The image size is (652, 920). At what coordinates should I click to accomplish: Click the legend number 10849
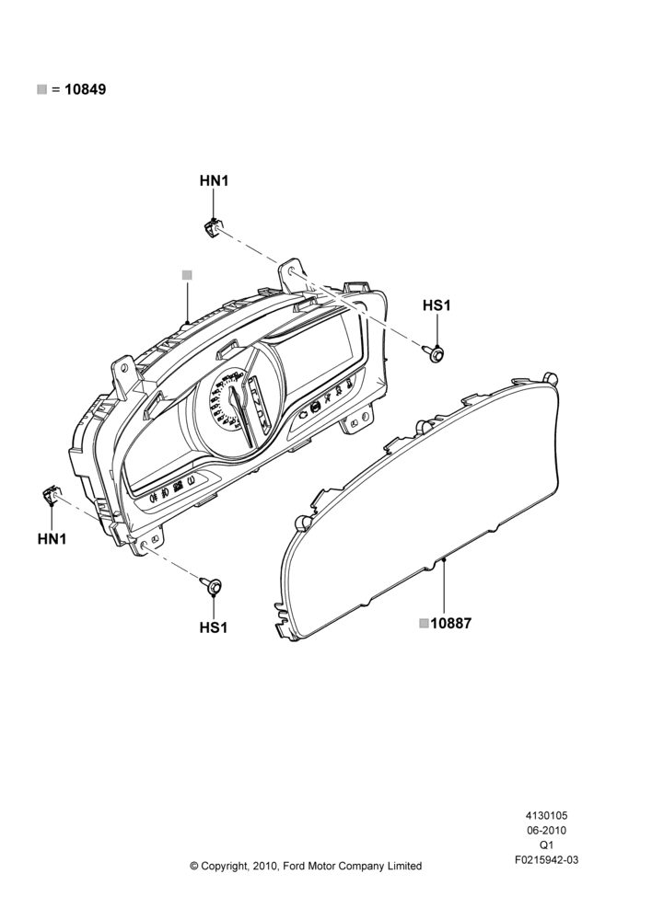pyautogui.click(x=85, y=90)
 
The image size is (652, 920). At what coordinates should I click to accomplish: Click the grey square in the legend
pyautogui.click(x=41, y=89)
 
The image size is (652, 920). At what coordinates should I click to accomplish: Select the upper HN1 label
pyautogui.click(x=214, y=180)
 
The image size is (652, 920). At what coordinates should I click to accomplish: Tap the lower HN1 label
pyautogui.click(x=52, y=538)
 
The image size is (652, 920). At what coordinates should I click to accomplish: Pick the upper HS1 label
pyautogui.click(x=437, y=305)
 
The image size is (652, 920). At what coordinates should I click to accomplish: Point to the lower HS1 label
pyautogui.click(x=214, y=627)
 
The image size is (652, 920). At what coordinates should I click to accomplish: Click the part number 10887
pyautogui.click(x=450, y=624)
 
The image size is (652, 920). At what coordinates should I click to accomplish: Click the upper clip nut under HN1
pyautogui.click(x=212, y=226)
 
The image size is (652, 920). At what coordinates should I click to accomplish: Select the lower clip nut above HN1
pyautogui.click(x=50, y=496)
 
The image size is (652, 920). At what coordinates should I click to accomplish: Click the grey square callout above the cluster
pyautogui.click(x=187, y=274)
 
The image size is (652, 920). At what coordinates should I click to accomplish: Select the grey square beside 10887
pyautogui.click(x=425, y=623)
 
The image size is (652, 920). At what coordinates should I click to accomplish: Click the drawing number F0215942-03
pyautogui.click(x=546, y=860)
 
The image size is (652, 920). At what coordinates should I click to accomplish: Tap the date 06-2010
pyautogui.click(x=546, y=830)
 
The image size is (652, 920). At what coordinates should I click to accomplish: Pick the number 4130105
pyautogui.click(x=546, y=815)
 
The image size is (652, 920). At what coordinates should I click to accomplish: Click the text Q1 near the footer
pyautogui.click(x=546, y=845)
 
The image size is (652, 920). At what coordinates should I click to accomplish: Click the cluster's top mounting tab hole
pyautogui.click(x=292, y=270)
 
